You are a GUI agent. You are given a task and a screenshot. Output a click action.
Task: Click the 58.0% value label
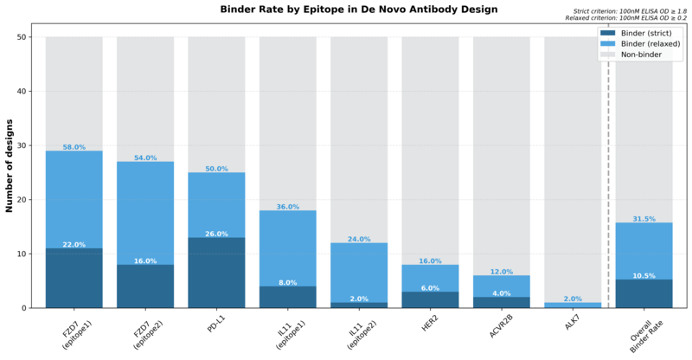74,147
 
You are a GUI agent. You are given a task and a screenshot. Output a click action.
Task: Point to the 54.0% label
145,158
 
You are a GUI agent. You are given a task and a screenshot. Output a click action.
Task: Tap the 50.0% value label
216,169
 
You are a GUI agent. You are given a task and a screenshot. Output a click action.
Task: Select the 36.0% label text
287,207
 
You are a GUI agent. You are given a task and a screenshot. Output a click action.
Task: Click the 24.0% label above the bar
359,239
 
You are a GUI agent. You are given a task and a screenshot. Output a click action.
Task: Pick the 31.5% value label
644,219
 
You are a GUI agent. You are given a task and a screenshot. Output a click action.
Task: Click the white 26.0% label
216,234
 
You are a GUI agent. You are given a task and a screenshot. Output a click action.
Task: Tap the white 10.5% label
644,276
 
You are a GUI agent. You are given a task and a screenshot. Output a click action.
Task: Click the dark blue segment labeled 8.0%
287,297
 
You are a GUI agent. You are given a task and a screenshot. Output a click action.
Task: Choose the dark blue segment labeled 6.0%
430,299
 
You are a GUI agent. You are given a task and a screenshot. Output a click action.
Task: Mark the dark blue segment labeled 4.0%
501,302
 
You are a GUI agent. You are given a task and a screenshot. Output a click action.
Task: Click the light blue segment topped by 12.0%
501,286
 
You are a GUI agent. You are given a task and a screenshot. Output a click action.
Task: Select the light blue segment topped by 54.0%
145,212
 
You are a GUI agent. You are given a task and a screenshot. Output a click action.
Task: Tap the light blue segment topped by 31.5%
644,251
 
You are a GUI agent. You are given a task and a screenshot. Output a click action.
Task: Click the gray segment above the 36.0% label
287,121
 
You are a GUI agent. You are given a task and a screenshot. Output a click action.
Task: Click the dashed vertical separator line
608,173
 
